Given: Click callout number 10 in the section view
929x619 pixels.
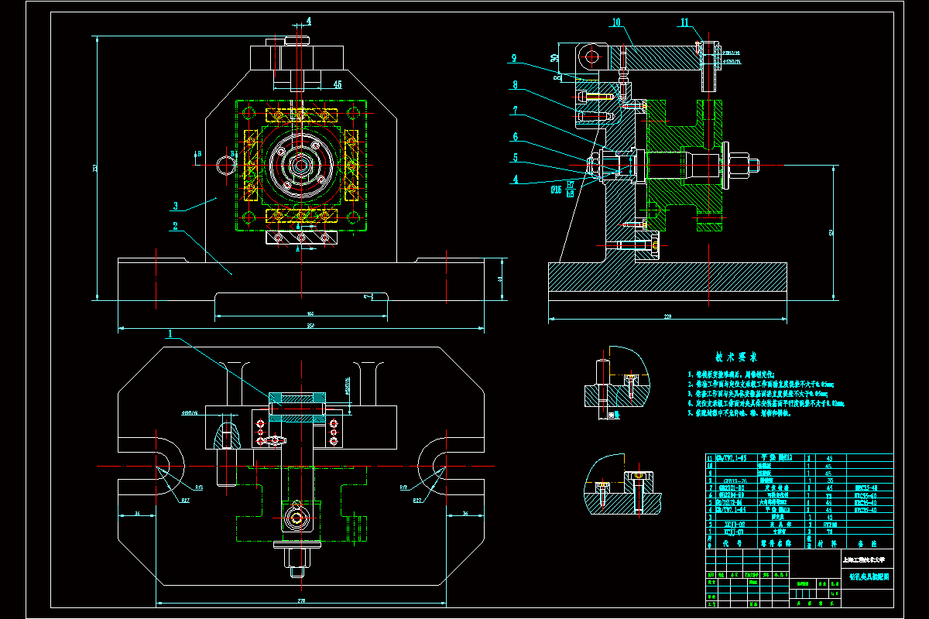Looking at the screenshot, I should pos(617,22).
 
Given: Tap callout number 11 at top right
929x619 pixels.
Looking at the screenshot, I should pos(684,22).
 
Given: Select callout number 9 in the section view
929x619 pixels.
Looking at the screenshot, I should pos(513,57).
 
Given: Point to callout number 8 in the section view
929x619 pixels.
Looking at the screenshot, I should pos(513,84).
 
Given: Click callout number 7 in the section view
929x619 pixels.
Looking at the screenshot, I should pos(513,111).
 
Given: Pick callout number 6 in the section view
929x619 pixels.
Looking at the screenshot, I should pos(513,137).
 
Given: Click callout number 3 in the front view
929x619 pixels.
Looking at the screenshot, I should pos(176,206).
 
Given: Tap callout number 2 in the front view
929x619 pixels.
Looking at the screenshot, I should pos(176,227).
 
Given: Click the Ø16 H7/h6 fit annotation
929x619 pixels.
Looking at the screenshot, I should pos(563,189).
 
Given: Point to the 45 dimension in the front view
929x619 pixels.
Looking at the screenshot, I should pos(337,84).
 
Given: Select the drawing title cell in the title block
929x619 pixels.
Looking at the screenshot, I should pos(868,576).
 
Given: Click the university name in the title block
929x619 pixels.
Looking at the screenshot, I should pos(868,559).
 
